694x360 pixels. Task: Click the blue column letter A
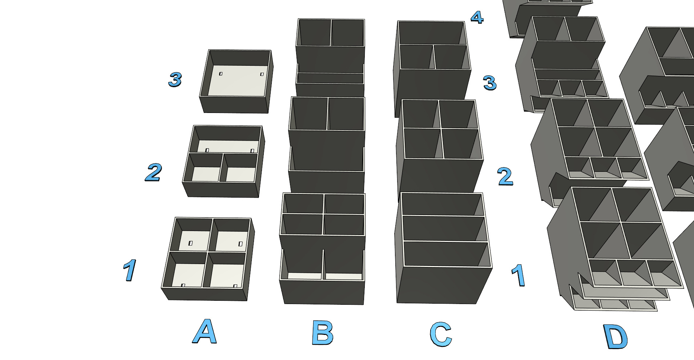pos(205,332)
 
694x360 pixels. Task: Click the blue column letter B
pos(322,333)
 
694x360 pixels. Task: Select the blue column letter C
pos(440,334)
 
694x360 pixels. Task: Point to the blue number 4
pos(477,17)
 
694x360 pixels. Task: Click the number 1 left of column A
pos(129,270)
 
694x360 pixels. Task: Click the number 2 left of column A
pos(153,172)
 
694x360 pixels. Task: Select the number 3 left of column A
pos(175,79)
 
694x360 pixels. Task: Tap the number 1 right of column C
pos(518,275)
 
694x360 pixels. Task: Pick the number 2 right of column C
pos(505,177)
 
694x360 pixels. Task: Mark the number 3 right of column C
pos(490,83)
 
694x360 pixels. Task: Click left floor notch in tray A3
pos(221,74)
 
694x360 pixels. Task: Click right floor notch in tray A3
pos(262,74)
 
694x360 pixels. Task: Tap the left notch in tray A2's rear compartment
pos(207,150)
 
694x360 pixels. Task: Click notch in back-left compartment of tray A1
pos(190,243)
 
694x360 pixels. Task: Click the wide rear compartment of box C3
pos(431,33)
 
